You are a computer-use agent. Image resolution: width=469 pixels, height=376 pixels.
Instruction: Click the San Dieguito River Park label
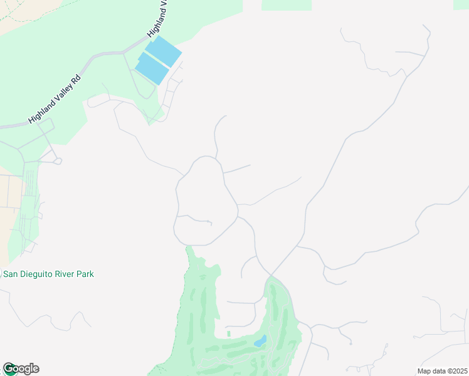pos(49,274)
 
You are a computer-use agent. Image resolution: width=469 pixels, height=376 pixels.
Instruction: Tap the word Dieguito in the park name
pos(34,274)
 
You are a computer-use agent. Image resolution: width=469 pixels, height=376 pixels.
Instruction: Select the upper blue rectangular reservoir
pos(164,51)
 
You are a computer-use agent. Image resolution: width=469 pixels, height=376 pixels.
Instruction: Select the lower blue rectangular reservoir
pos(152,68)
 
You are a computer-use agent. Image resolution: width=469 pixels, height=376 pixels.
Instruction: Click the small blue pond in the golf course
pos(260,342)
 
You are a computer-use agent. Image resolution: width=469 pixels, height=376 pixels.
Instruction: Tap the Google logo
pos(21,368)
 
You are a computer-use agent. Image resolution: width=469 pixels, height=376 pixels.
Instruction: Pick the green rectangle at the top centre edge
pos(286,5)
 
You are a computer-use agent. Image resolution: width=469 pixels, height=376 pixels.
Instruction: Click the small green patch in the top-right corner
pos(461,4)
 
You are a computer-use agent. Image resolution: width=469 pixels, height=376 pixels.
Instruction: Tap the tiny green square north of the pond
pos(228,333)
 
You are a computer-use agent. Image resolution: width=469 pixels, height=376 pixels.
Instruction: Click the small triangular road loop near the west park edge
pos(58,161)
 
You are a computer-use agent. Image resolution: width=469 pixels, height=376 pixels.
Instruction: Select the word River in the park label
pos(65,274)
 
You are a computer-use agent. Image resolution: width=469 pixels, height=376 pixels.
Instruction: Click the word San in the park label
pos(11,274)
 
